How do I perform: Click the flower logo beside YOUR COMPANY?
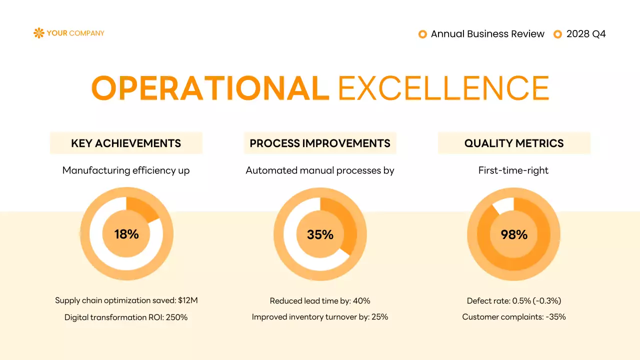pyautogui.click(x=38, y=33)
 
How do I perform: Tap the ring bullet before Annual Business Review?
pyautogui.click(x=422, y=34)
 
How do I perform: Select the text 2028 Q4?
pyautogui.click(x=586, y=34)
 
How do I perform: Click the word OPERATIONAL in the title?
pyautogui.click(x=210, y=88)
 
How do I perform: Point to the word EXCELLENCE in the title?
pyautogui.click(x=443, y=88)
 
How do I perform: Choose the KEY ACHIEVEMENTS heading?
pyautogui.click(x=126, y=143)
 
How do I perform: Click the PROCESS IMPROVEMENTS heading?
pyautogui.click(x=320, y=143)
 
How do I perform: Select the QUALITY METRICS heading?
pyautogui.click(x=514, y=143)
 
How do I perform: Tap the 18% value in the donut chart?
pyautogui.click(x=126, y=234)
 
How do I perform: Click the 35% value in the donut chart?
pyautogui.click(x=320, y=234)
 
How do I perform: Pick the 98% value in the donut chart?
pyautogui.click(x=514, y=234)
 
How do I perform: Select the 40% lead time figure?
pyautogui.click(x=361, y=300)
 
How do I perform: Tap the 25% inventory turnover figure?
pyautogui.click(x=379, y=317)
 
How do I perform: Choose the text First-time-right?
pyautogui.click(x=513, y=170)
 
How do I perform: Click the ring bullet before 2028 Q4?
pyautogui.click(x=558, y=34)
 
